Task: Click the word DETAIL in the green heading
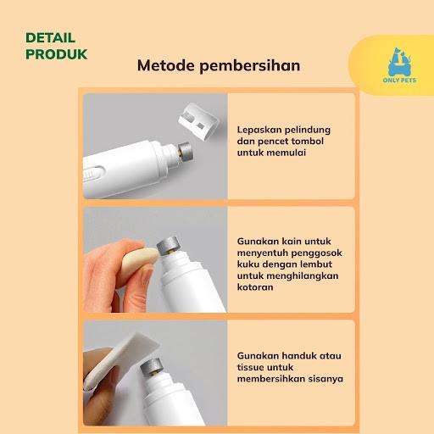[50, 38]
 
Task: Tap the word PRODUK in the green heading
[57, 54]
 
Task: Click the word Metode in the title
[166, 65]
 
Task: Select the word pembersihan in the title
[250, 66]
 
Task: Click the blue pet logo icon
[399, 62]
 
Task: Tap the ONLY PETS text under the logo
[399, 81]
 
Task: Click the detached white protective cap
[198, 120]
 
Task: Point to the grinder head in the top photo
[185, 152]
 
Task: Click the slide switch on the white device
[92, 174]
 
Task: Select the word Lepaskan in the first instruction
[259, 130]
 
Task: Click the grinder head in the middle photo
[169, 245]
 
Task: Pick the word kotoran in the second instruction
[255, 287]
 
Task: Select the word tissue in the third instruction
[252, 367]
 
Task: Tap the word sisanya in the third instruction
[325, 379]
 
